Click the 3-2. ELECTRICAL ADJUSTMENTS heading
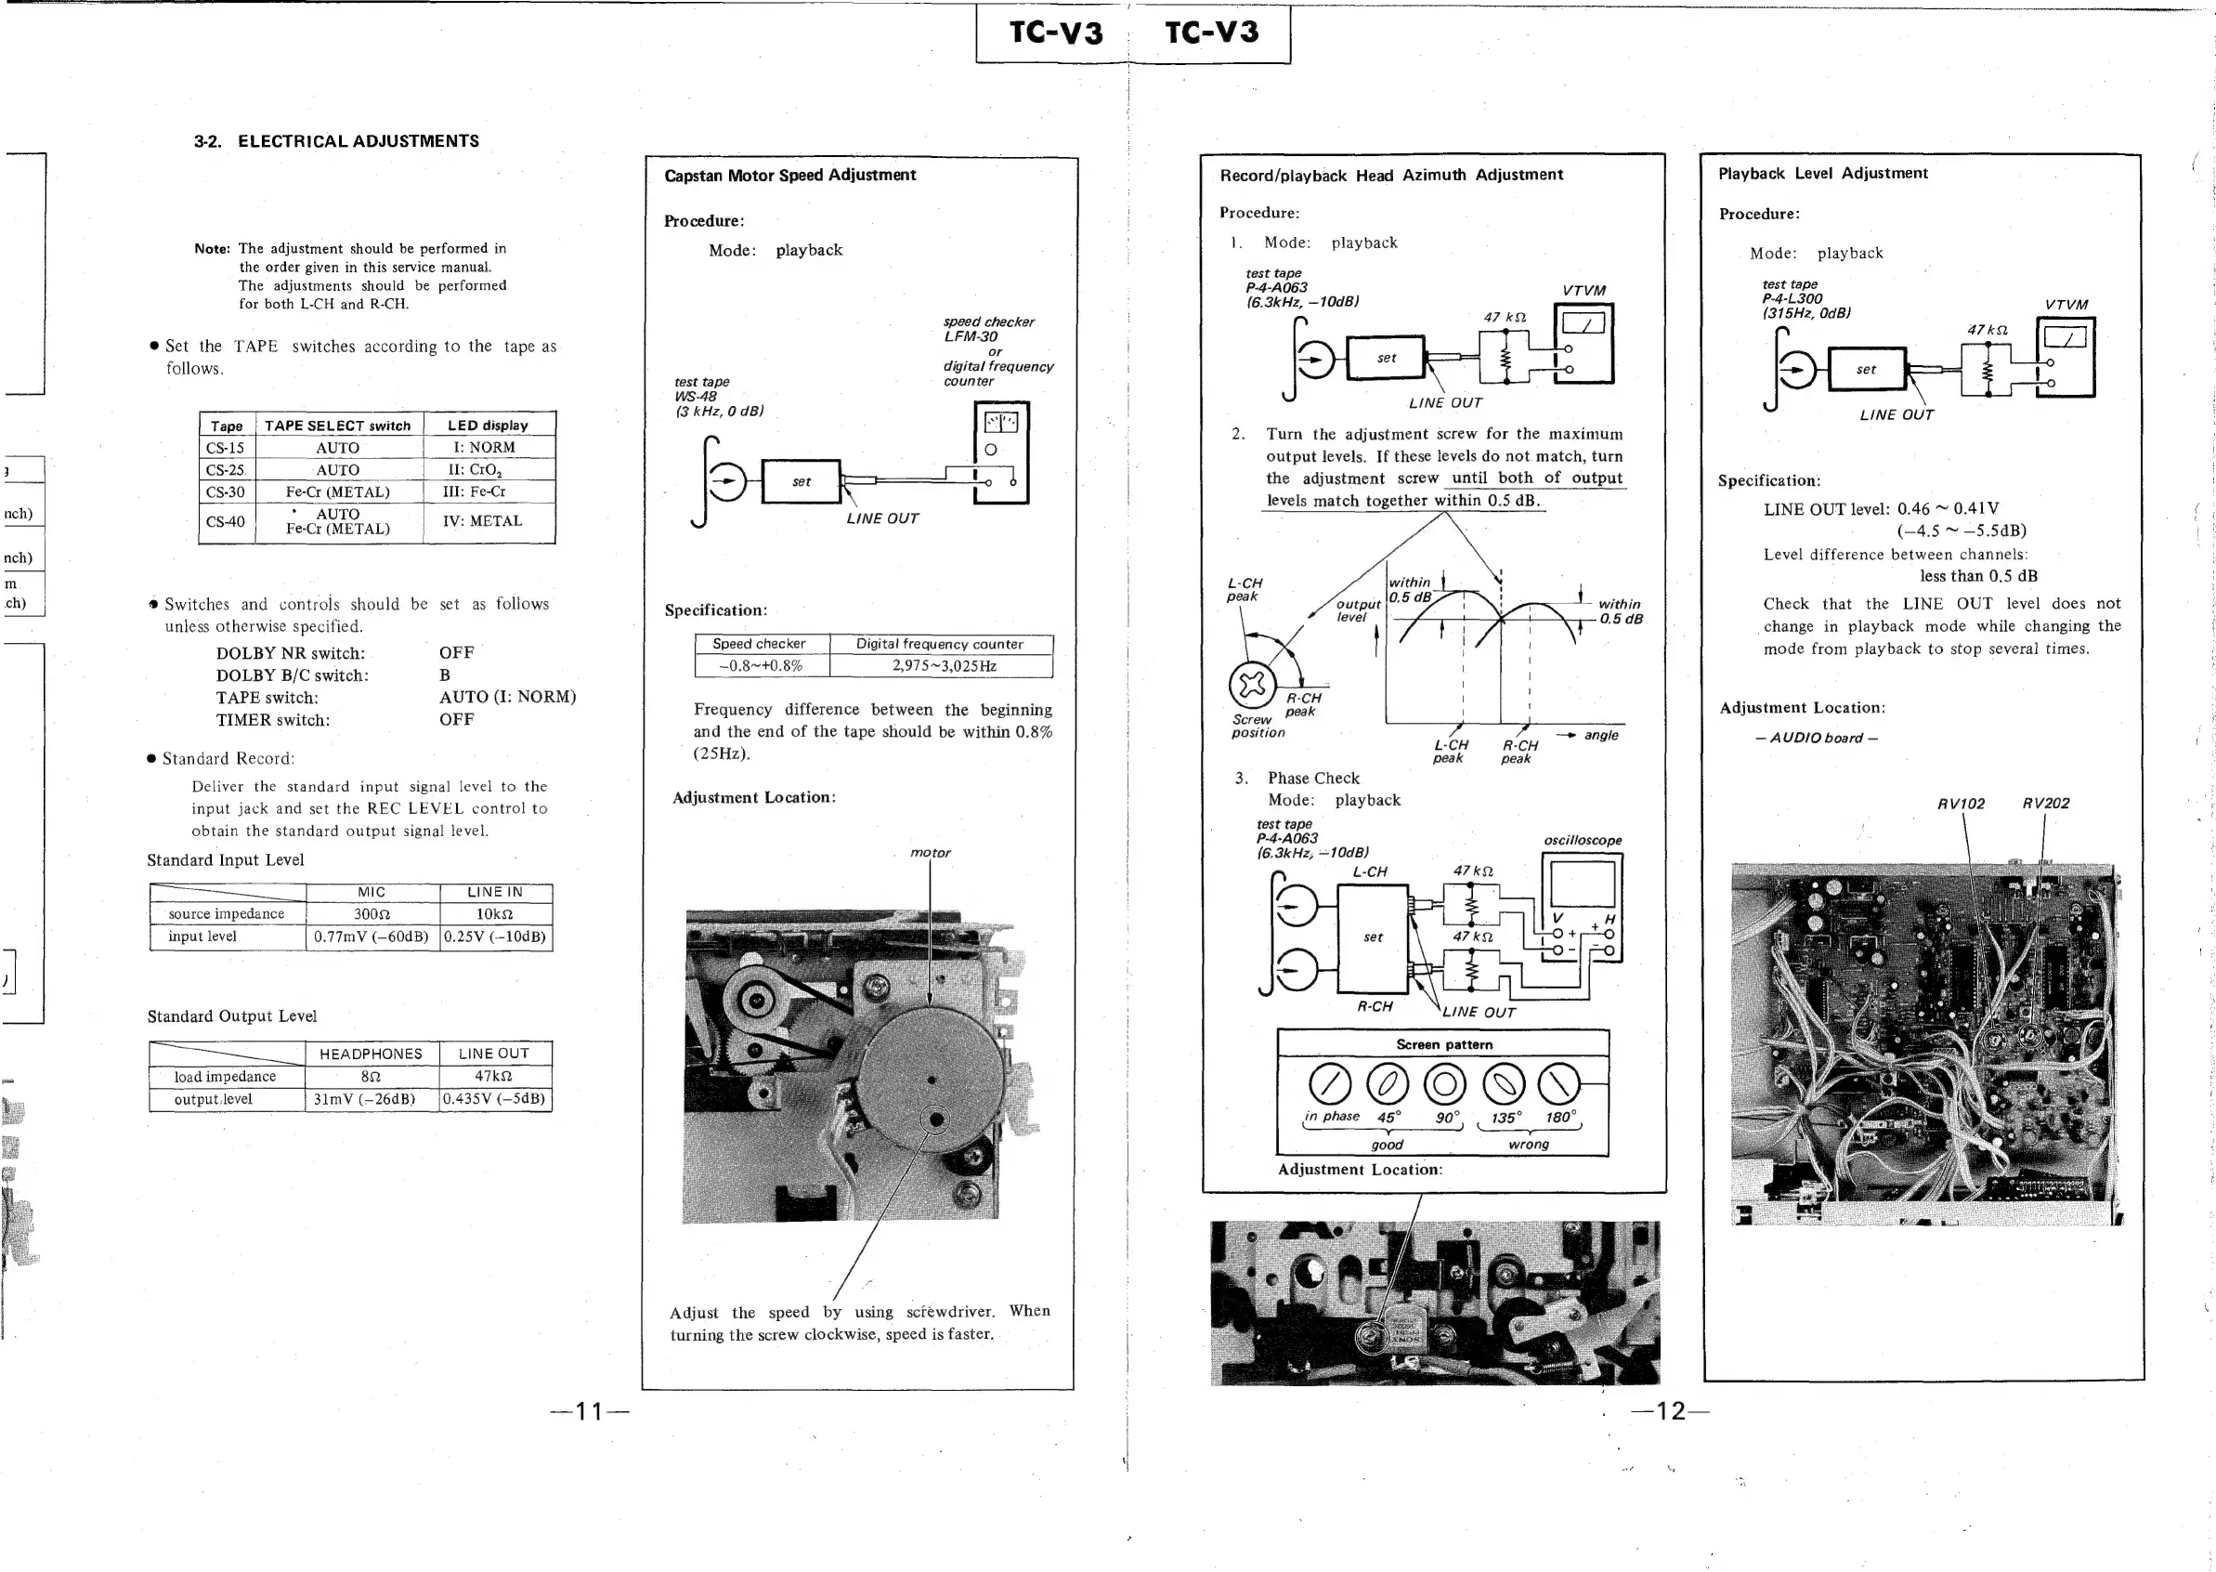click(337, 141)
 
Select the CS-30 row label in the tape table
click(225, 491)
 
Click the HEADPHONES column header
click(371, 1055)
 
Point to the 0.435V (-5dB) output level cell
click(494, 1100)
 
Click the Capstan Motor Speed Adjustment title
click(789, 176)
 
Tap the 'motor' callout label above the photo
click(930, 853)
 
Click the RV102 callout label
click(1961, 804)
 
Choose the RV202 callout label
click(2046, 804)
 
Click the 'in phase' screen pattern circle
click(1330, 1084)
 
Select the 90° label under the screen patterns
click(1447, 1118)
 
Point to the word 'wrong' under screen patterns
click(1528, 1144)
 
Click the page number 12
click(1670, 1411)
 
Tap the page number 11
click(590, 1411)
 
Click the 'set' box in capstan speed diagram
click(802, 482)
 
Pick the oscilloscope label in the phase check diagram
click(1583, 840)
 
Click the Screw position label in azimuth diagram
click(1257, 726)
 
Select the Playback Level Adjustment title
click(1822, 173)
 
